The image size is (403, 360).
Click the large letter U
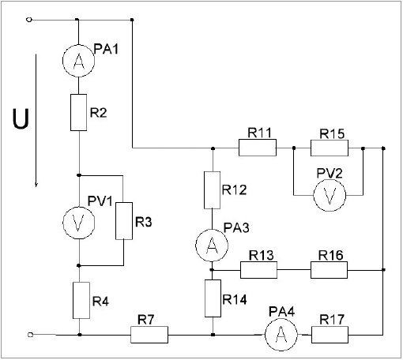(21, 118)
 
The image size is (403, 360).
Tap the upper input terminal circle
(29, 20)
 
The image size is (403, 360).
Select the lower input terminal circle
(30, 335)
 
